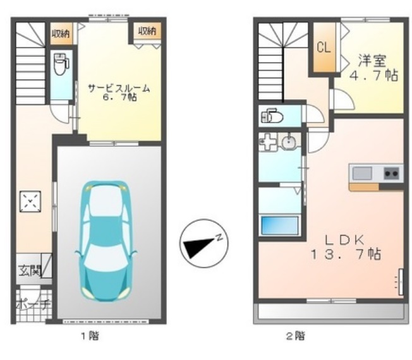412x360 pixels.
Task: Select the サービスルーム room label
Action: [119, 89]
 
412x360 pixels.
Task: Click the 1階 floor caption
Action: [89, 335]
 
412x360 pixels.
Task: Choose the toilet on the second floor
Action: [272, 116]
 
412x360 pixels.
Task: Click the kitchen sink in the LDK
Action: [363, 173]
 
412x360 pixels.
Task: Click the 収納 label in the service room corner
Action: [147, 32]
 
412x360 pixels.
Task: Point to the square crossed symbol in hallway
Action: [29, 202]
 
